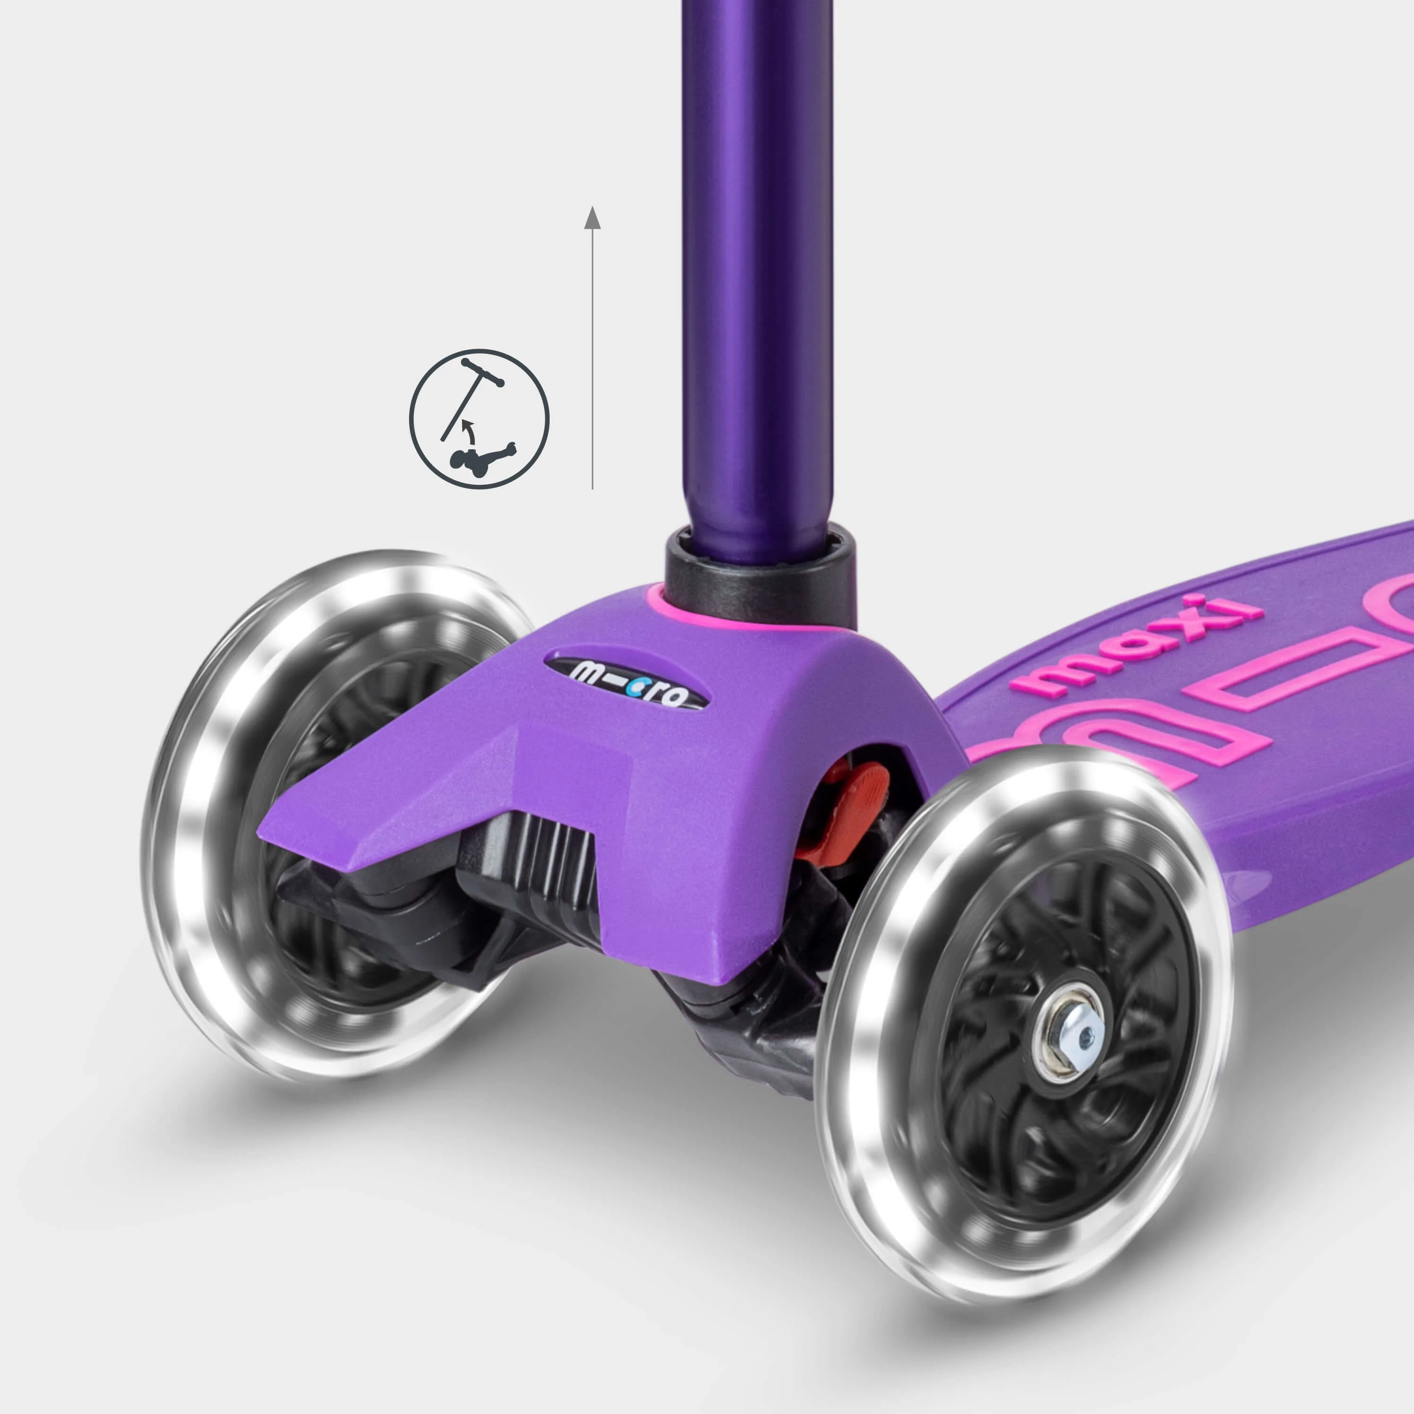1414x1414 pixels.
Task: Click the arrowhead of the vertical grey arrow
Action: pyautogui.click(x=592, y=218)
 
